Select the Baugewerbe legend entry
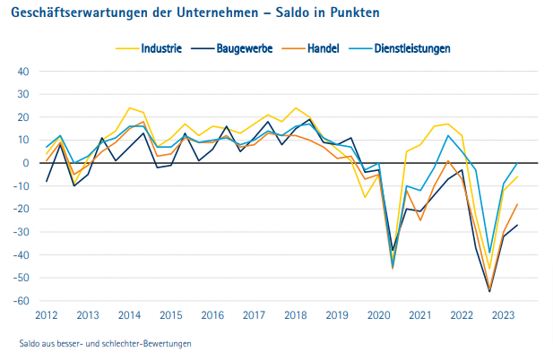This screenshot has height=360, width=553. pyautogui.click(x=246, y=47)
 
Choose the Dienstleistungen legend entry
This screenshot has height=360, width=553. pyautogui.click(x=412, y=47)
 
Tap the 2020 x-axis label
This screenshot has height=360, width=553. pyautogui.click(x=378, y=315)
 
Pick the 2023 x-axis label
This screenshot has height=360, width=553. pyautogui.click(x=503, y=315)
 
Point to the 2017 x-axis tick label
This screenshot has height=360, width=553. pyautogui.click(x=254, y=315)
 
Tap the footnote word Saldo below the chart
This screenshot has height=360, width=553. pyautogui.click(x=30, y=343)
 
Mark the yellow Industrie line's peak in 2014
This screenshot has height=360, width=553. pyautogui.click(x=130, y=107)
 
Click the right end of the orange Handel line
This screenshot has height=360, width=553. pyautogui.click(x=517, y=204)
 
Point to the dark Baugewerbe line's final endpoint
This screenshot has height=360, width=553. pyautogui.click(x=517, y=225)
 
